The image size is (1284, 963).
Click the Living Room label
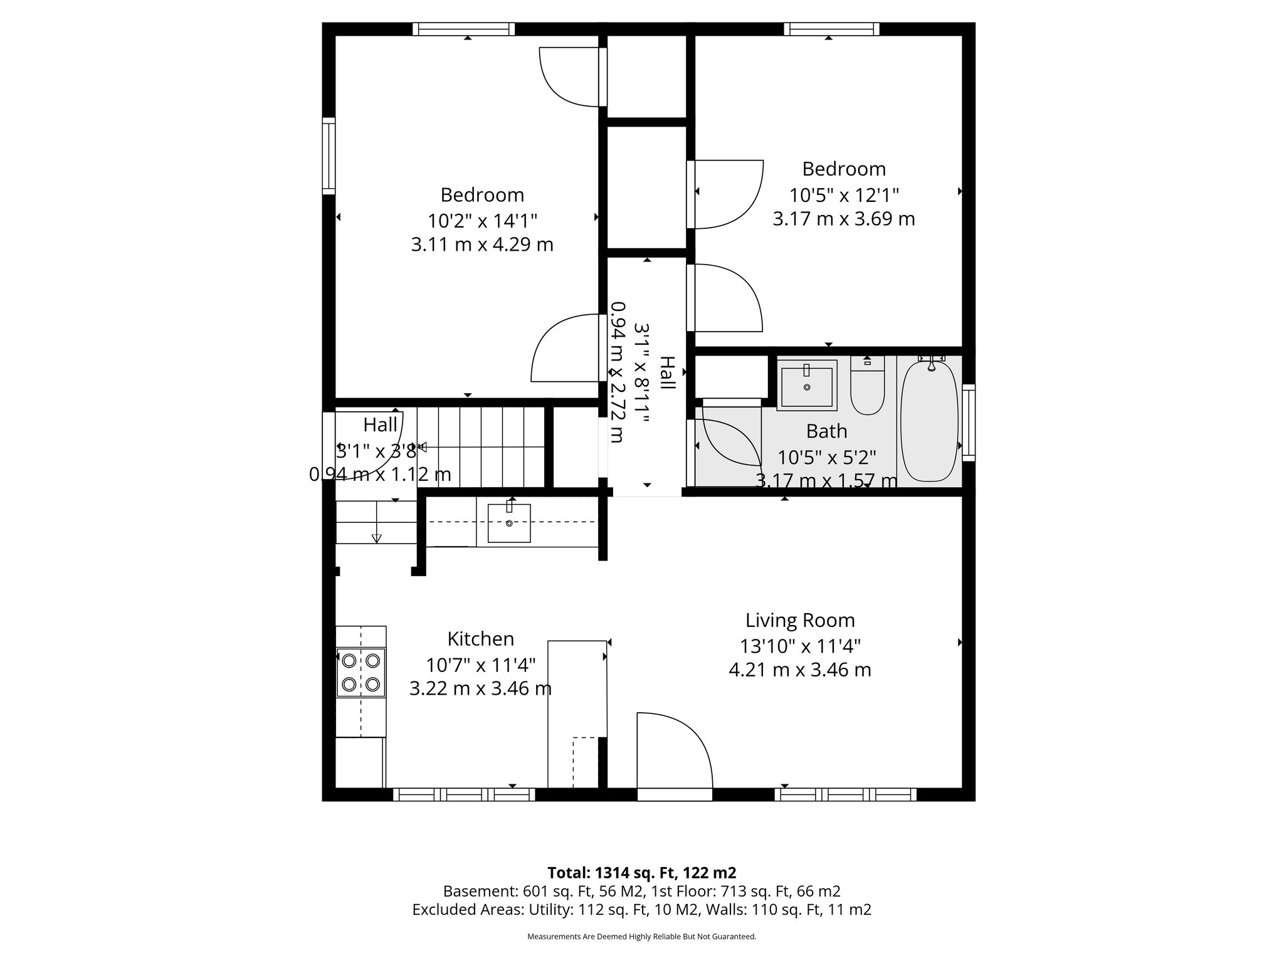[x=799, y=621]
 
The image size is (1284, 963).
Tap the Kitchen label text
[x=480, y=639]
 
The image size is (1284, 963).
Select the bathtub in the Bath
[x=930, y=421]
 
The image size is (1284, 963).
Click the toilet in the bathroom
[x=867, y=389]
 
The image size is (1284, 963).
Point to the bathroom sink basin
[x=806, y=386]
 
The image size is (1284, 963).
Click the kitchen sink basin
[x=509, y=523]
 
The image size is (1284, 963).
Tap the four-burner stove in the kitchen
[x=360, y=672]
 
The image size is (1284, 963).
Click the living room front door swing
[x=671, y=752]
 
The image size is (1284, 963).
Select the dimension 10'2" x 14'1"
[x=481, y=221]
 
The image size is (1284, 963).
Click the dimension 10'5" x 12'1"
[x=843, y=195]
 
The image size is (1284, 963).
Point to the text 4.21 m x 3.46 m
[x=799, y=670]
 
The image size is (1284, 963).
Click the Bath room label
[x=826, y=431]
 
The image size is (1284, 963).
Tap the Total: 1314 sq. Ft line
[x=641, y=873]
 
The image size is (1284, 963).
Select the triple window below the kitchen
[x=464, y=795]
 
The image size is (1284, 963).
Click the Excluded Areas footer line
[x=641, y=910]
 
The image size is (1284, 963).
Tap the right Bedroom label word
[x=843, y=169]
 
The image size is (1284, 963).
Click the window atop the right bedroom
[x=831, y=29]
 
